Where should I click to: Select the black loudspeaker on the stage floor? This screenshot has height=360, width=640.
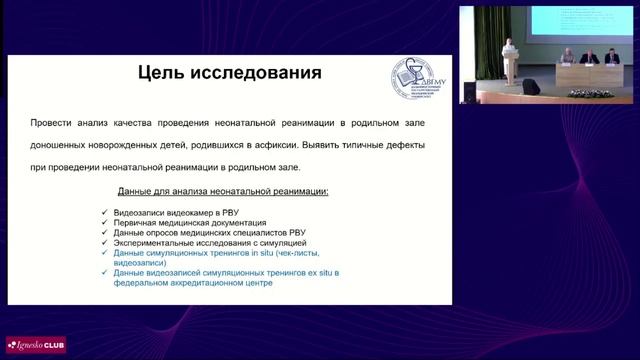(x=531, y=87)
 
